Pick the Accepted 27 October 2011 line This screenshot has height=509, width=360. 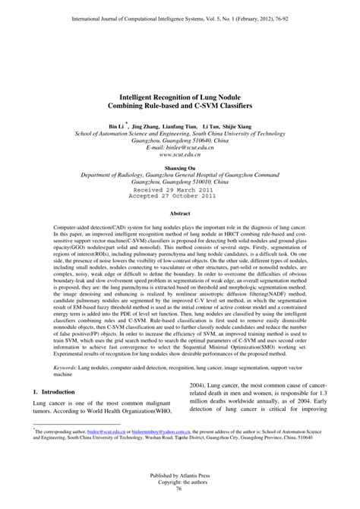(x=179, y=197)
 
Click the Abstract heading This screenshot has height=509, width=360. (x=179, y=214)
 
